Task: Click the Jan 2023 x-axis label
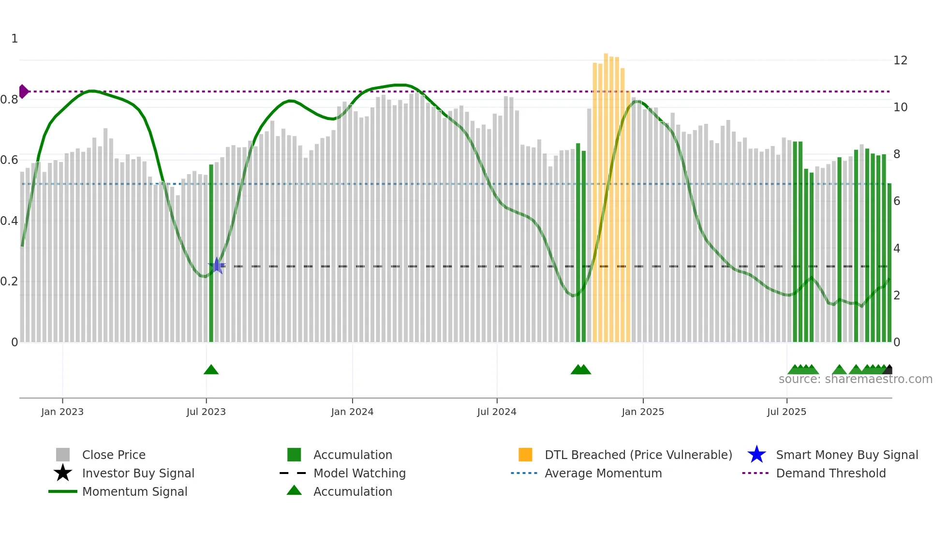tap(62, 412)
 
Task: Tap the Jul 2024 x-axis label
tap(497, 412)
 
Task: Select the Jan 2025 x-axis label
tap(643, 412)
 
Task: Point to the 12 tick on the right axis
tap(900, 60)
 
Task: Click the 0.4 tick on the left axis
tap(9, 221)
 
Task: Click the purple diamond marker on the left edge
tap(23, 91)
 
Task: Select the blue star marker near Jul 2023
tap(217, 266)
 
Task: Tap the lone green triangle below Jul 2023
tap(211, 370)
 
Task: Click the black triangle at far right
tap(889, 370)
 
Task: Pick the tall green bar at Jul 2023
tap(211, 252)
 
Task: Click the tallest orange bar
tap(606, 193)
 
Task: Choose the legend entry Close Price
tap(114, 455)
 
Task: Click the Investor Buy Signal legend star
tap(63, 473)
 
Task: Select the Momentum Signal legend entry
tap(134, 491)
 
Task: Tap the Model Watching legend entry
tap(359, 473)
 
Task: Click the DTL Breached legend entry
tap(638, 455)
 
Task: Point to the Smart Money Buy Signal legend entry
tap(847, 455)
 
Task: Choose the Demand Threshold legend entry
tap(830, 473)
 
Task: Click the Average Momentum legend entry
tap(603, 473)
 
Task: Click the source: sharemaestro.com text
tap(855, 379)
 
